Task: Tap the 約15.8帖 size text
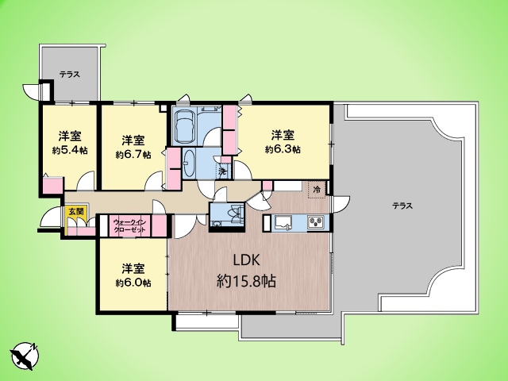coord(246,281)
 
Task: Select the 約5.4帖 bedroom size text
coord(70,150)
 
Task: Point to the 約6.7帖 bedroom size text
coord(133,155)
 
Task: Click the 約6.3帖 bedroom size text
coord(283,149)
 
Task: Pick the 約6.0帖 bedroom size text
coord(133,283)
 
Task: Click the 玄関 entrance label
coord(76,212)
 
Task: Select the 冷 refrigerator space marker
coord(317,190)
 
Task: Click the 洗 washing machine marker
coord(222,172)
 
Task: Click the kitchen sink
coord(283,223)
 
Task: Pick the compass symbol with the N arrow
coord(25,356)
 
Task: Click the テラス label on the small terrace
coord(70,75)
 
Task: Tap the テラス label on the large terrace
coord(402,206)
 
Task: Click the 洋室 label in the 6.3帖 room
coord(283,134)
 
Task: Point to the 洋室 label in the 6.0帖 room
coord(133,268)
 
